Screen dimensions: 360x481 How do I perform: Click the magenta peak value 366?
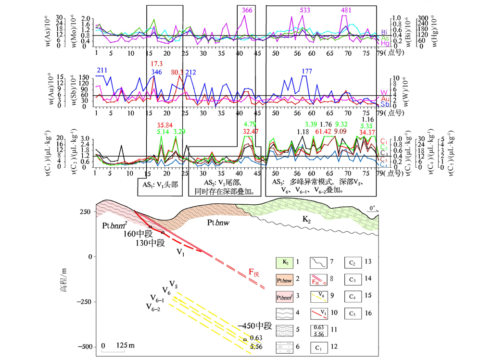tap(247, 10)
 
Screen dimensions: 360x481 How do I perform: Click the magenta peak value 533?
tap(305, 10)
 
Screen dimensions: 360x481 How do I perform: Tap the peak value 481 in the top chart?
tap(346, 10)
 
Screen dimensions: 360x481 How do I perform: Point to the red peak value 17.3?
tap(156, 63)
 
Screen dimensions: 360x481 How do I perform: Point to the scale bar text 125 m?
tap(125, 346)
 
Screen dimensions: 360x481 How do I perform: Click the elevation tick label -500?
tap(85, 347)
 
